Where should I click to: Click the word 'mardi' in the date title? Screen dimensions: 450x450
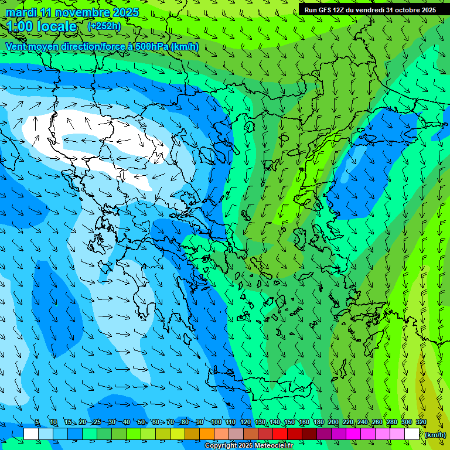coord(21,12)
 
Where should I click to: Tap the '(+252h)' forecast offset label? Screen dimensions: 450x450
coord(104,26)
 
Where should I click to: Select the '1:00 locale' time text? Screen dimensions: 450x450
coord(42,26)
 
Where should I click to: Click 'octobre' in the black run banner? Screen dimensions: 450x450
coord(407,10)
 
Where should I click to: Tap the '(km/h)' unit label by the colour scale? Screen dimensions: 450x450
coord(434,434)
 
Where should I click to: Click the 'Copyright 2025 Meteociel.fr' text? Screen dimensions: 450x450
coord(248,446)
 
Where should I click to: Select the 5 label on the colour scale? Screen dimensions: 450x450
coord(37,422)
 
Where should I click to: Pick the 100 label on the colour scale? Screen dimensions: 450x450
coord(216,422)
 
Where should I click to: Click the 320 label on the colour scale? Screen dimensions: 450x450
coord(421,422)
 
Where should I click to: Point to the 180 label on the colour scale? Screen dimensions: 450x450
coord(319,422)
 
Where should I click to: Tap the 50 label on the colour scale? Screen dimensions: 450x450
coord(141,422)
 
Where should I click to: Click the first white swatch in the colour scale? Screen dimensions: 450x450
coord(31,434)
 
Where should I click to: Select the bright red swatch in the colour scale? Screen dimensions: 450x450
coord(280,434)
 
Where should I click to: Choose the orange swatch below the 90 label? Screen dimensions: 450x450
coord(207,434)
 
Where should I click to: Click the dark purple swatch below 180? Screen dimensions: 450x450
coord(324,434)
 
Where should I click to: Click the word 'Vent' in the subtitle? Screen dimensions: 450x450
coord(16,46)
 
